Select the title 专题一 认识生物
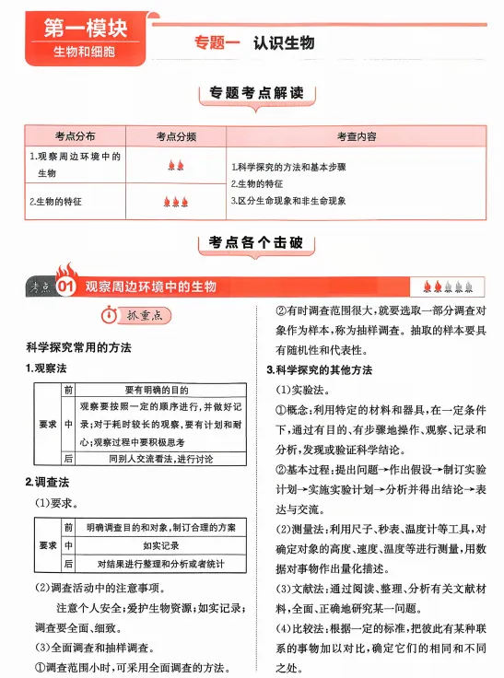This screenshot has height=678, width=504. click(254, 42)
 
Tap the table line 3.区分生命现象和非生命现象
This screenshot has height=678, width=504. click(287, 200)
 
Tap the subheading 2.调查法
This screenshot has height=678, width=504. click(46, 483)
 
